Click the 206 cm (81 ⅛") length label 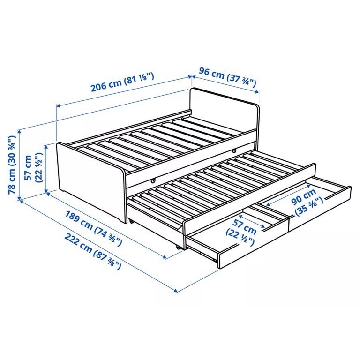(122, 82)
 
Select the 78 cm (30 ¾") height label (12, 165)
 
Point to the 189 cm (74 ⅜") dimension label (93, 228)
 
